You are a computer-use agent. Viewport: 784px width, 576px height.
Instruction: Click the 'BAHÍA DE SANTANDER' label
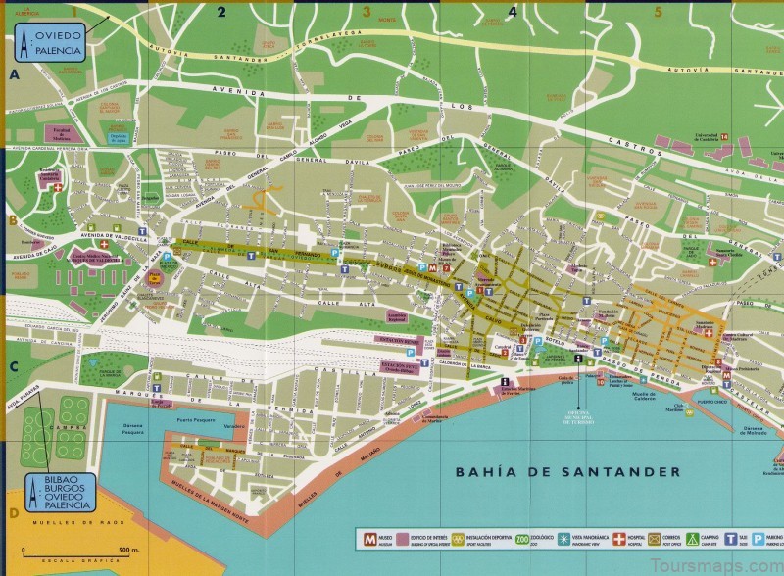click(x=567, y=471)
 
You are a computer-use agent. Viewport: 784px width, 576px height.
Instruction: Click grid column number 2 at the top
click(x=221, y=12)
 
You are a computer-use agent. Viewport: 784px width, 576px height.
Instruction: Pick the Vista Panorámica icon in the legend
click(x=591, y=538)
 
